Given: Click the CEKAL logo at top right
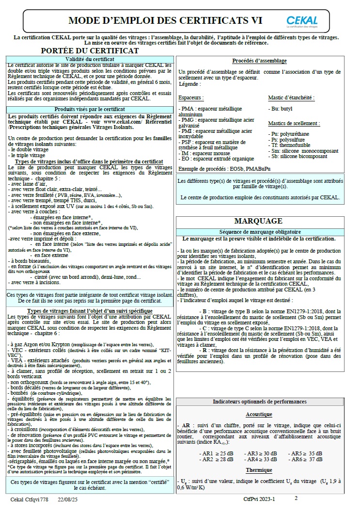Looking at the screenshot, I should [302, 21].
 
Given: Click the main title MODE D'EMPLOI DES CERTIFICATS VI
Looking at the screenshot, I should [165, 20].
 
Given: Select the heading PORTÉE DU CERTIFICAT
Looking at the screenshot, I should [90, 50].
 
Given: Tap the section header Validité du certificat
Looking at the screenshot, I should [90, 59].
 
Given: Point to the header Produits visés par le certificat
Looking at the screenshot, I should [90, 110].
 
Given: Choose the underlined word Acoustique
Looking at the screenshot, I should [259, 415].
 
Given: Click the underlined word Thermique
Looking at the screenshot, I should [259, 470].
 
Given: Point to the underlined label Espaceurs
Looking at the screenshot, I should [191, 97].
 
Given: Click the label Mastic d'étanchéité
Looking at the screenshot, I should [291, 97].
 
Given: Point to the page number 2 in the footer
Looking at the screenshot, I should [296, 498].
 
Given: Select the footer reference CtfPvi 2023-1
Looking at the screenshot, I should [259, 499].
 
